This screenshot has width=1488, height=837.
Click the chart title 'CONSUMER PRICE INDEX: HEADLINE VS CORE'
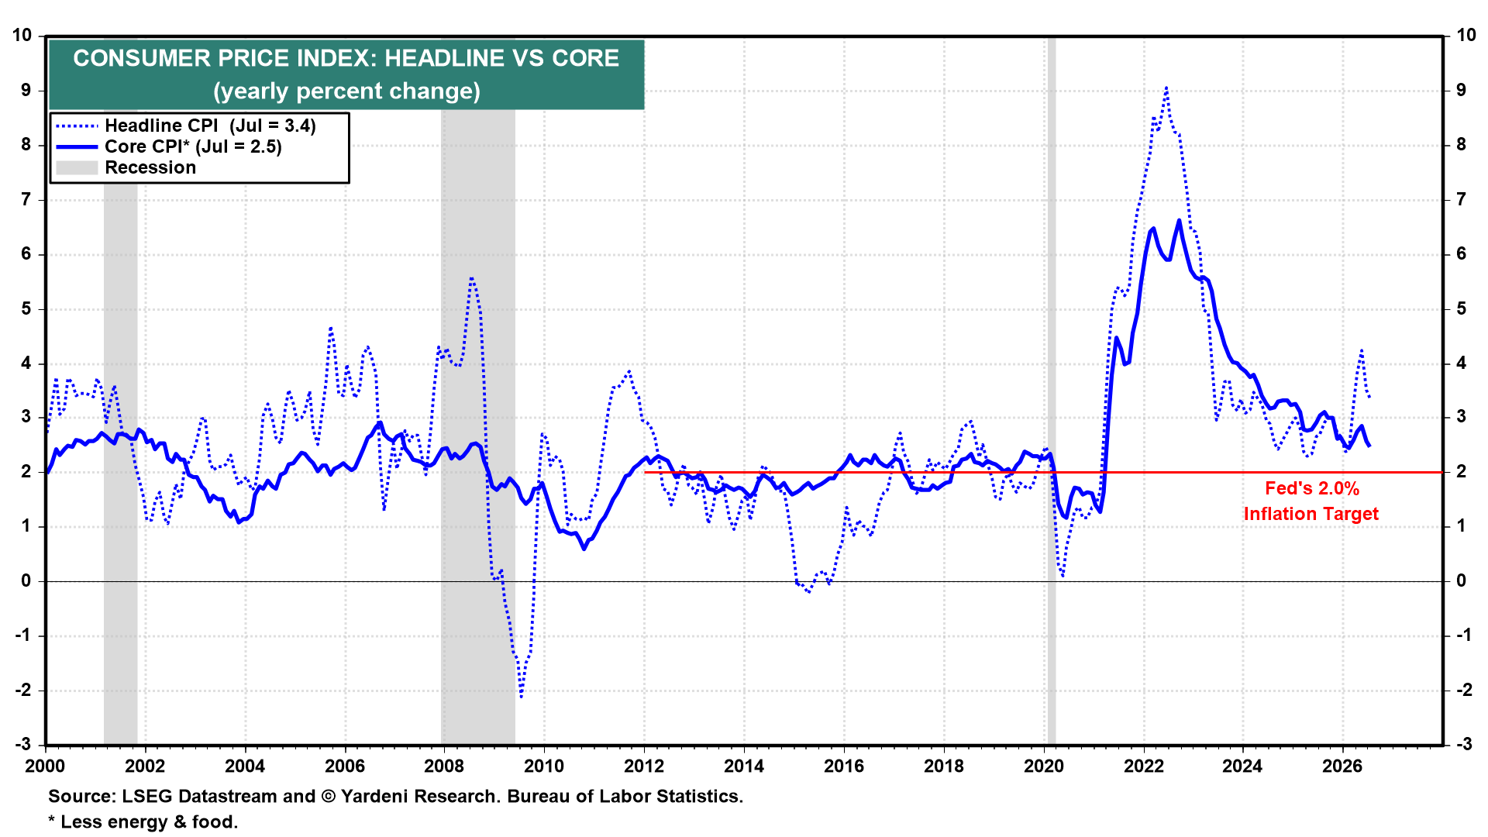pos(346,58)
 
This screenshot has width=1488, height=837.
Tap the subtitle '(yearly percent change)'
pos(346,91)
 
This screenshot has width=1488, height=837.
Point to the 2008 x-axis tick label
pos(444,766)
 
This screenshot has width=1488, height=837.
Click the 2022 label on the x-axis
pos(1143,766)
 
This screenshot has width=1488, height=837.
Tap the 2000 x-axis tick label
pos(46,766)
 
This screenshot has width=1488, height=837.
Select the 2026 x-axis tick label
pos(1342,766)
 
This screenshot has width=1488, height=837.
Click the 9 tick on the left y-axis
pos(26,90)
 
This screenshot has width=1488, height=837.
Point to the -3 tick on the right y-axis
pos(1463,744)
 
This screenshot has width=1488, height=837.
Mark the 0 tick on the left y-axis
pos(26,581)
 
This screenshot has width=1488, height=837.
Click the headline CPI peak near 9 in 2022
pos(1166,88)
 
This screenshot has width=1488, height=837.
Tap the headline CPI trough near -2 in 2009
pos(521,696)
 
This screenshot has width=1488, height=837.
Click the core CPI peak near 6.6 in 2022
pos(1179,221)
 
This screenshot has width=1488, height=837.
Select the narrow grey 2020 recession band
pos(1051,391)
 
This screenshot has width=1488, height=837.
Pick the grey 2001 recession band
pos(121,391)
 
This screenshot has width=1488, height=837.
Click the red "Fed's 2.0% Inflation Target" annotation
pos(1311,501)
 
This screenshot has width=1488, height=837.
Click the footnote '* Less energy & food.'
pos(143,821)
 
